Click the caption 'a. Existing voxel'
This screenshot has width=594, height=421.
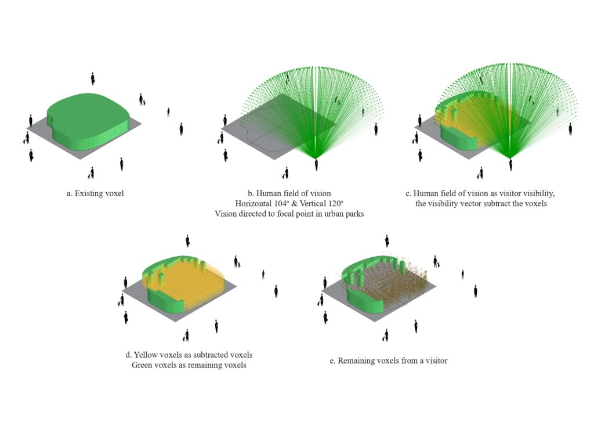click(x=95, y=193)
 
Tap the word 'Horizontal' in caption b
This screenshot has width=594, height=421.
click(x=253, y=203)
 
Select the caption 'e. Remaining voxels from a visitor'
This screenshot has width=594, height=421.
click(x=389, y=361)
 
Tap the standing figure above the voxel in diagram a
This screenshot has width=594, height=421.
click(x=92, y=78)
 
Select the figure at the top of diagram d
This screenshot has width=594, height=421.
click(x=187, y=240)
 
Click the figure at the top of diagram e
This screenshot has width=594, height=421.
click(x=386, y=240)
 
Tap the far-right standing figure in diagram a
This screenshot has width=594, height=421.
click(x=181, y=128)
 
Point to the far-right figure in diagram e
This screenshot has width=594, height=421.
click(x=475, y=291)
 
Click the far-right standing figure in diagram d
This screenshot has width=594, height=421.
click(x=276, y=291)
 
